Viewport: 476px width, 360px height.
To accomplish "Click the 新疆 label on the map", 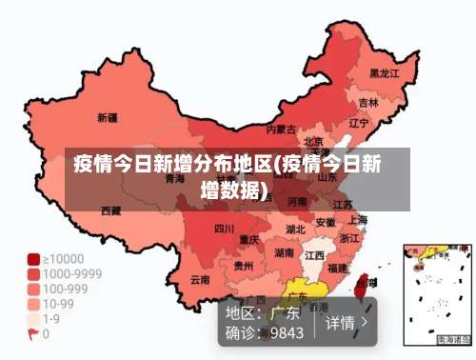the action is [108, 118].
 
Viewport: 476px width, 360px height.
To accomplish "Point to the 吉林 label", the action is [367, 102].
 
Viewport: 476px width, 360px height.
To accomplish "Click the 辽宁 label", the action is [358, 123].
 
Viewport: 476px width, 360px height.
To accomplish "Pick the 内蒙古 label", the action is [281, 129].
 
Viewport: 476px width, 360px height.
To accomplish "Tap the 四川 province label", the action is [224, 229].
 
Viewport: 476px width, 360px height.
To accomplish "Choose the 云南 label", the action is [200, 279].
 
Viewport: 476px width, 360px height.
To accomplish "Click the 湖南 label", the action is [284, 253].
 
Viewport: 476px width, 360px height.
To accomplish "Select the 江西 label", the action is [313, 255].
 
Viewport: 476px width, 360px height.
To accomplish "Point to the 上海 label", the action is [358, 219].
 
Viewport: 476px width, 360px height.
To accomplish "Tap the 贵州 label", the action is [244, 266].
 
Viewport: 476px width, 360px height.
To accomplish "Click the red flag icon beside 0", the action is [32, 334].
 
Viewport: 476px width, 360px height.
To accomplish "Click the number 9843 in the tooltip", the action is [287, 333].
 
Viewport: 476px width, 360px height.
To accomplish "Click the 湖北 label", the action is [295, 229].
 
